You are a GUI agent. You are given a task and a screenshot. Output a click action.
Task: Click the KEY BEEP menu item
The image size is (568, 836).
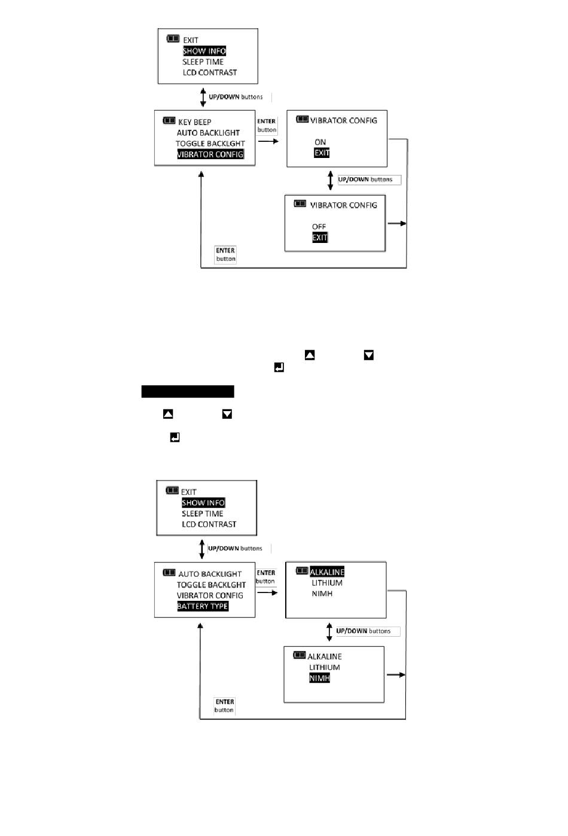click(x=194, y=122)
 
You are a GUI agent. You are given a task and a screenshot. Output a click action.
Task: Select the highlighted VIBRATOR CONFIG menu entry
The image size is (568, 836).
click(x=210, y=154)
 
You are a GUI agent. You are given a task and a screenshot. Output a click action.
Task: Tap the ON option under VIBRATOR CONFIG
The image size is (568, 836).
click(x=320, y=142)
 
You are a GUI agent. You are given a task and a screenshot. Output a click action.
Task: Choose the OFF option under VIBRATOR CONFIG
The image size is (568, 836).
click(x=319, y=227)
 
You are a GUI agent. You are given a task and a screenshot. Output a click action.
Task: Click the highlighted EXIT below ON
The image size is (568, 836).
click(x=322, y=153)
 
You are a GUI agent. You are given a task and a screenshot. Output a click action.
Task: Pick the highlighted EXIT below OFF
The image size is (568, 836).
click(x=320, y=238)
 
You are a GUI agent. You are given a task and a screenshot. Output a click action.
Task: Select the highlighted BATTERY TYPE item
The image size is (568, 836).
click(x=203, y=606)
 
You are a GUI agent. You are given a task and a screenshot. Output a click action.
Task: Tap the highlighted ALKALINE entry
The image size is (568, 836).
click(x=327, y=572)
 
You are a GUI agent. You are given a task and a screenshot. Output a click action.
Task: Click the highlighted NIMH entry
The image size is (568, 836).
click(x=319, y=678)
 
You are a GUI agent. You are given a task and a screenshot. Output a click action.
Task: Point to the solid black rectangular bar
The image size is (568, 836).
click(x=188, y=391)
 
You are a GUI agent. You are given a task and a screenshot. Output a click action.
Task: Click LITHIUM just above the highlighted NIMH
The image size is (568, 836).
click(x=324, y=667)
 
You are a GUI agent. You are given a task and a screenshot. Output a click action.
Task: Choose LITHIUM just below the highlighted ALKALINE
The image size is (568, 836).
click(x=327, y=583)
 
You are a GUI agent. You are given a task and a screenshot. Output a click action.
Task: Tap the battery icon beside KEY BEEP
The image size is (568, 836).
click(x=169, y=121)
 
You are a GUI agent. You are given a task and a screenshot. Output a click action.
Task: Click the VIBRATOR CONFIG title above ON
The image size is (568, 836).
click(x=343, y=120)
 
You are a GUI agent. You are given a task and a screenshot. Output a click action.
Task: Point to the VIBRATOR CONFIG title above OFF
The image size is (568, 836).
click(x=343, y=205)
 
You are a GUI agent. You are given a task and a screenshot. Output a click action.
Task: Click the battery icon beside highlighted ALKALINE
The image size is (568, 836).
click(x=302, y=571)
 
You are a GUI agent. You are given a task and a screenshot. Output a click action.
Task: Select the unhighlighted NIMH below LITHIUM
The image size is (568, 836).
click(x=322, y=594)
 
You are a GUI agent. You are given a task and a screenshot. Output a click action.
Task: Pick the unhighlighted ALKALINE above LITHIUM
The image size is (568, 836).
click(x=325, y=656)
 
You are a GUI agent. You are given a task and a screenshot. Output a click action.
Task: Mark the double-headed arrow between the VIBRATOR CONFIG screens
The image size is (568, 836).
click(x=330, y=180)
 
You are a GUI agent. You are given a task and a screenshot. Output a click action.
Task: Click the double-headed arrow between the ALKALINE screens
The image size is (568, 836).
click(x=329, y=631)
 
